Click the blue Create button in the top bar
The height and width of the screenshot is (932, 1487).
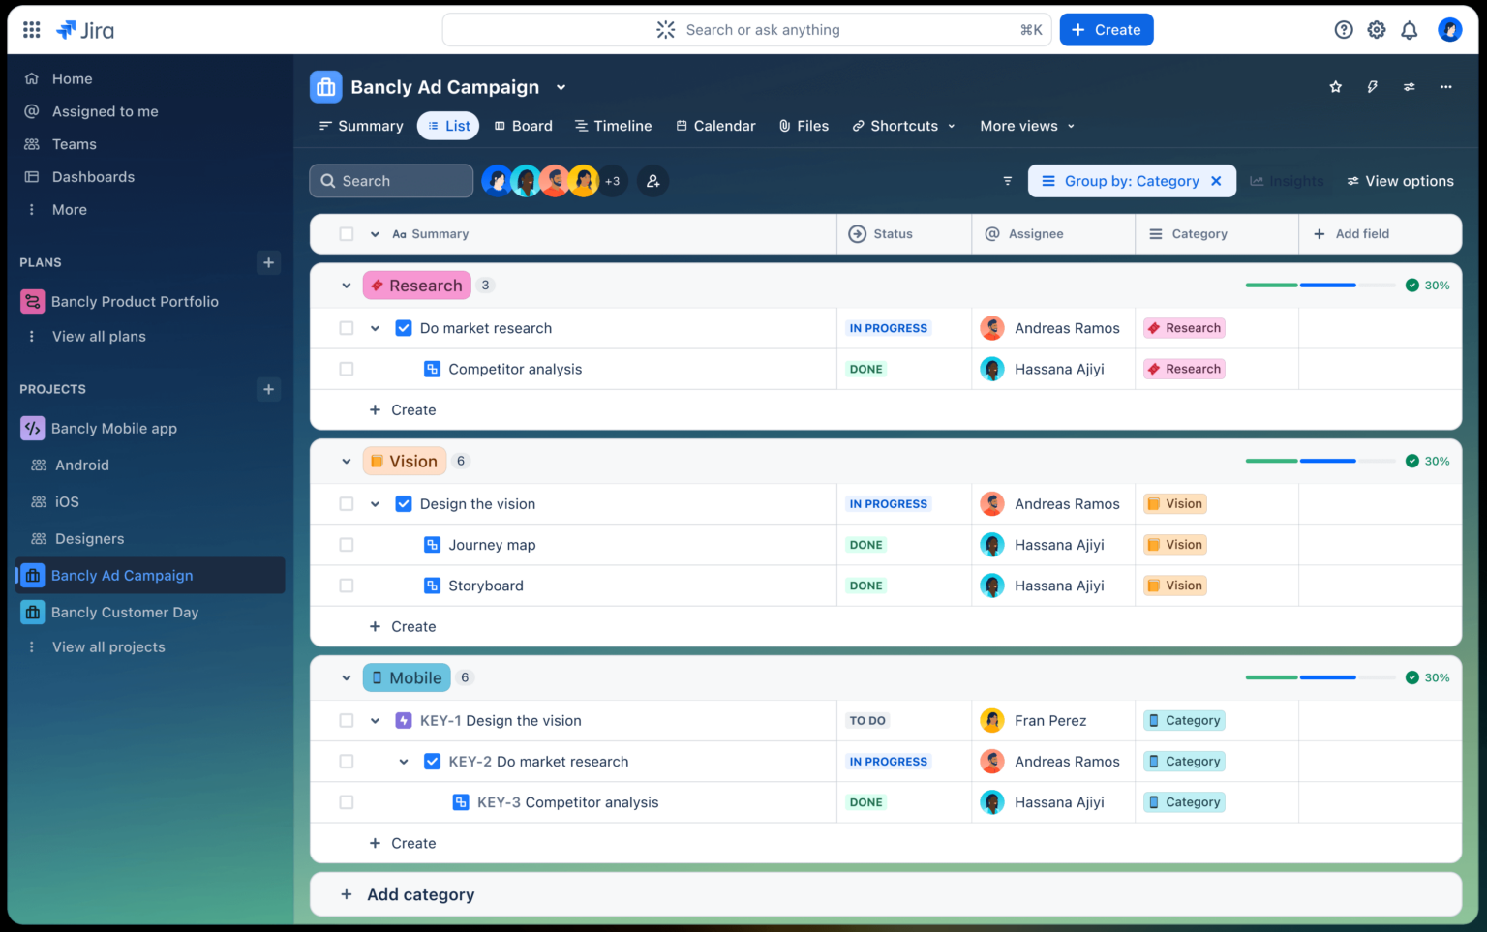tap(1106, 30)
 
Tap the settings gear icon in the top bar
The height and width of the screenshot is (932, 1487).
tap(1376, 30)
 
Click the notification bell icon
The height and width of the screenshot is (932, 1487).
tap(1409, 30)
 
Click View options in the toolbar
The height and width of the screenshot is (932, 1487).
tap(1400, 181)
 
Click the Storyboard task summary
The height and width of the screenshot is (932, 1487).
tap(485, 586)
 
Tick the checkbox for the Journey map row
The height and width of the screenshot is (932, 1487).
tap(347, 545)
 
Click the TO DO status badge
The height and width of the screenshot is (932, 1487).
tap(867, 721)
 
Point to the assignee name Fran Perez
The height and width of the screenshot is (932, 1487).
tap(1049, 721)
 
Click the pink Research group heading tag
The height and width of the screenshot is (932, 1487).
tap(416, 286)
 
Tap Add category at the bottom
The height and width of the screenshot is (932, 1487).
tap(420, 895)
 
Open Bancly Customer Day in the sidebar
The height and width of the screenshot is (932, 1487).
tap(124, 613)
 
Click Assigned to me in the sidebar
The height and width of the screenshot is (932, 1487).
tap(105, 111)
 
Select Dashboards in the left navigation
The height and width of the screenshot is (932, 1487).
tap(93, 177)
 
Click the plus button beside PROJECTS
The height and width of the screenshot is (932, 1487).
tap(268, 389)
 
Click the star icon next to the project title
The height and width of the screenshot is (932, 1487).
tap(1336, 87)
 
